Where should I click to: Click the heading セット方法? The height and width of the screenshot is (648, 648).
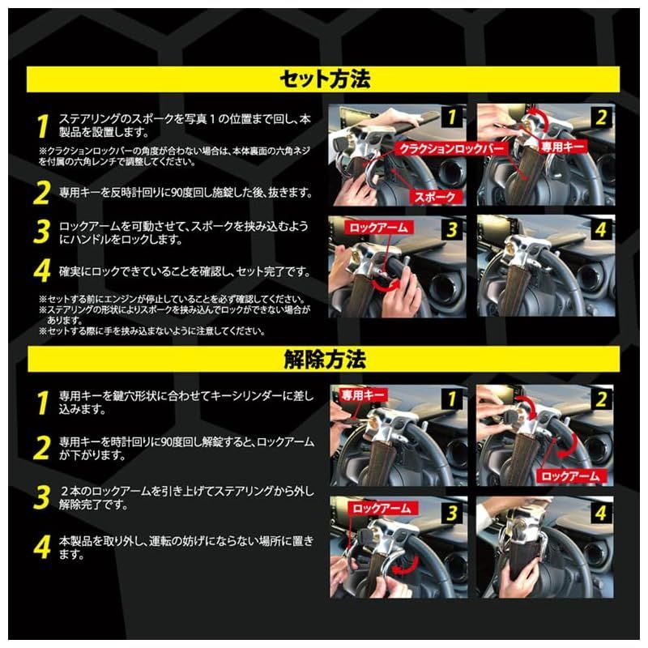(325, 79)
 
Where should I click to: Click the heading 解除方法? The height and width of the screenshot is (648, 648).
(325, 359)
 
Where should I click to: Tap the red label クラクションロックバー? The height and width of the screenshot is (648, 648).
(451, 148)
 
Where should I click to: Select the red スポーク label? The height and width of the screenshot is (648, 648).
(434, 197)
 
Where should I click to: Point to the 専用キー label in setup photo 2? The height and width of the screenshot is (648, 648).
(562, 147)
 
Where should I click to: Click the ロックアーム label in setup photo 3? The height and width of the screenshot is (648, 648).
(378, 228)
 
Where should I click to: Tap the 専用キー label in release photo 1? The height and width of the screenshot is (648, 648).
(362, 395)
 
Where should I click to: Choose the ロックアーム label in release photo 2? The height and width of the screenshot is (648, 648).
(570, 476)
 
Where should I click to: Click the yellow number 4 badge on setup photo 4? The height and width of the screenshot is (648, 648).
(601, 229)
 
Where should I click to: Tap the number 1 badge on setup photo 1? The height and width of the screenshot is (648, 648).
(452, 117)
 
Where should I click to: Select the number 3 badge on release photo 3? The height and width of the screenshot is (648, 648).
(452, 513)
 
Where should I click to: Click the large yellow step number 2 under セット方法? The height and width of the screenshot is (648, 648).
(42, 193)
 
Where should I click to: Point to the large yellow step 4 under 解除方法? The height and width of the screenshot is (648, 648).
(42, 548)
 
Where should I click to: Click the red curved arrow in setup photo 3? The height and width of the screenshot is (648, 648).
(387, 285)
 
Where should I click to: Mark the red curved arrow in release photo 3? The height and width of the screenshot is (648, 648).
(406, 566)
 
